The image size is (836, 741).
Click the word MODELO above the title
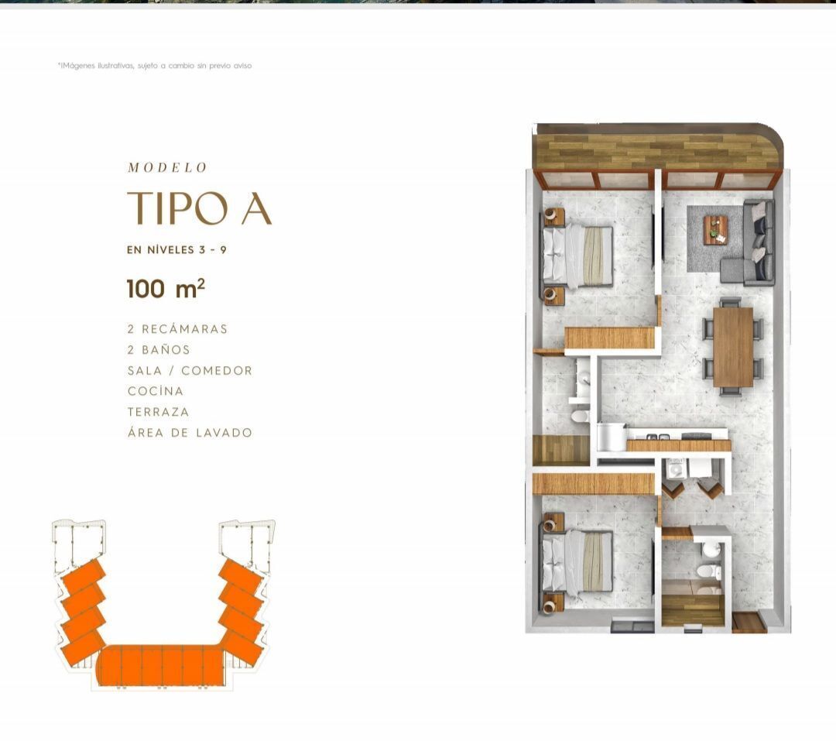pyautogui.click(x=167, y=167)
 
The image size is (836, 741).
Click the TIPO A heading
pyautogui.click(x=200, y=208)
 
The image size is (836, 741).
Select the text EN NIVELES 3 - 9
pyautogui.click(x=176, y=249)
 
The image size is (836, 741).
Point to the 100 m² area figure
pyautogui.click(x=166, y=289)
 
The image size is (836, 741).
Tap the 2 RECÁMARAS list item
pyautogui.click(x=177, y=329)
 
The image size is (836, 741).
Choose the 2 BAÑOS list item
pyautogui.click(x=159, y=350)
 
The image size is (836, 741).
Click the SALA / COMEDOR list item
pyautogui.click(x=190, y=371)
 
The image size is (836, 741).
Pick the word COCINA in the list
pyautogui.click(x=156, y=391)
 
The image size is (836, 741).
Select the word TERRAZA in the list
pyautogui.click(x=159, y=412)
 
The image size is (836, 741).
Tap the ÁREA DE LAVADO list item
pyautogui.click(x=190, y=432)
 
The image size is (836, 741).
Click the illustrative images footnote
pyautogui.click(x=155, y=66)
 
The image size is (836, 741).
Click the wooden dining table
pyautogui.click(x=733, y=347)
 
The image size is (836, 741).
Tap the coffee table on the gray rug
pyautogui.click(x=715, y=230)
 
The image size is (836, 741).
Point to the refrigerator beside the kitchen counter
pyautogui.click(x=611, y=437)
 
